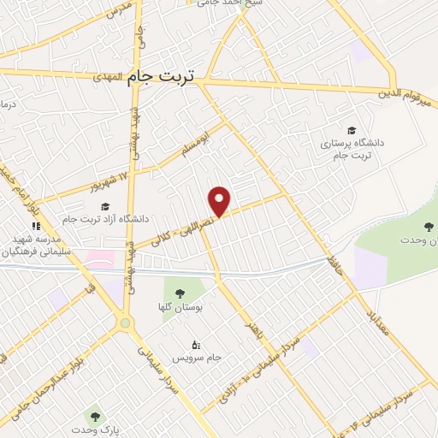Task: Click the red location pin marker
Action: (x=221, y=201)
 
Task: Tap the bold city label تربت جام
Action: (x=162, y=77)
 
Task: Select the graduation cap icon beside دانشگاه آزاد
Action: (x=105, y=205)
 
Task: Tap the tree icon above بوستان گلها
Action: (x=180, y=293)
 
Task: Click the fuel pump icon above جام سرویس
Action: (x=198, y=345)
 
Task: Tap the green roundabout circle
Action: (x=127, y=323)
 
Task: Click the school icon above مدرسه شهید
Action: (x=36, y=227)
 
